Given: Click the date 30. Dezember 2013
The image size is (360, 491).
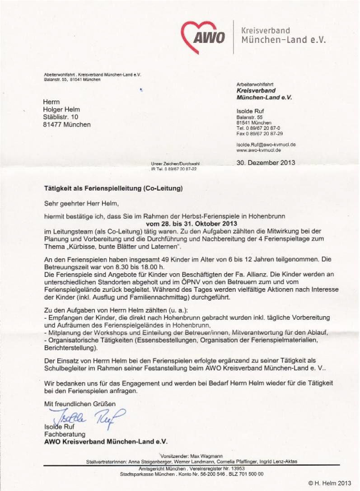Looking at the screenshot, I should coord(266,163).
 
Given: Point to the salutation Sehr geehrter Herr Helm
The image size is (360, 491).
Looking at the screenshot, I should coord(81,203).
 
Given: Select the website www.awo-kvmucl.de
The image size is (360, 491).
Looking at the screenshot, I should coord(258,150).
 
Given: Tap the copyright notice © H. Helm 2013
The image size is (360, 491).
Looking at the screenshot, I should coord(330,483).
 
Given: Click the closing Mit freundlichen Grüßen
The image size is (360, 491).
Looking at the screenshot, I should coord(79,403).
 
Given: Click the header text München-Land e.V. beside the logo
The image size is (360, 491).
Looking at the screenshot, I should coord(283,40).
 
